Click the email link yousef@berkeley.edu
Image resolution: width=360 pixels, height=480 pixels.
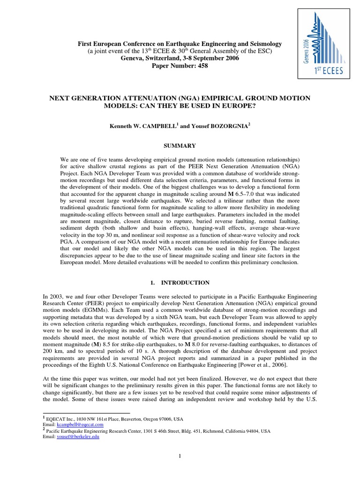(x=86, y=436)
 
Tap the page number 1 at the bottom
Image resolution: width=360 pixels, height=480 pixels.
(x=180, y=455)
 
